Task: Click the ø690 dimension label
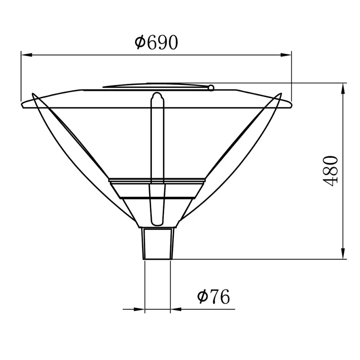156,43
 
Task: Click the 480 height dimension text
331,170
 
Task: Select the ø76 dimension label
213,297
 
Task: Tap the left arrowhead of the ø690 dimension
26,55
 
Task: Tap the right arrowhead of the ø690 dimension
287,55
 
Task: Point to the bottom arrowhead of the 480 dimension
343,254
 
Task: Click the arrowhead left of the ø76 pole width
140,309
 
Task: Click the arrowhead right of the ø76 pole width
176,309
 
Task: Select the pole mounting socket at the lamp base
158,243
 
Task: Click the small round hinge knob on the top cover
211,87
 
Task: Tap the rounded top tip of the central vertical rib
157,95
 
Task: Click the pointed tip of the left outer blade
33,94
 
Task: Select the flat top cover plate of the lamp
155,86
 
